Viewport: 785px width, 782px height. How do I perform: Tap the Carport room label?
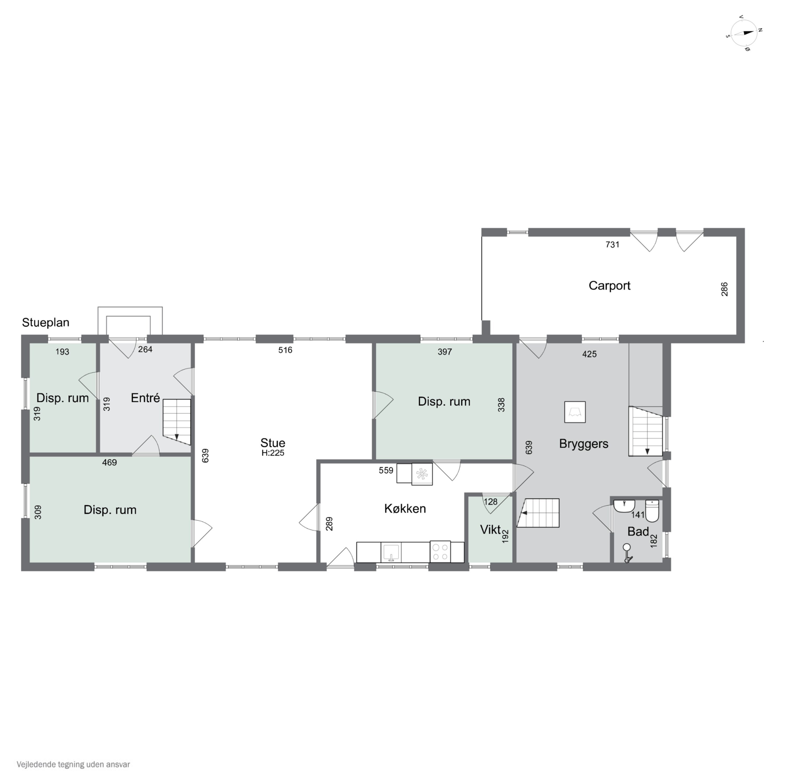pos(609,286)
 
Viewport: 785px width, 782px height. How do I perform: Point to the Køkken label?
pos(405,509)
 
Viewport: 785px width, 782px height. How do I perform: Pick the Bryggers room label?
pos(584,444)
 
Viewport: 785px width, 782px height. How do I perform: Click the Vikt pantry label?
pos(490,529)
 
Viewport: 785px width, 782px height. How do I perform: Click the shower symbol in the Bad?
pos(628,553)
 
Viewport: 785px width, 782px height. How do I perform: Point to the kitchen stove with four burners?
pos(440,552)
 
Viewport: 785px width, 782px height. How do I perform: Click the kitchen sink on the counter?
pos(391,552)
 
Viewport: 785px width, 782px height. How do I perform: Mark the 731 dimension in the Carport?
pos(612,244)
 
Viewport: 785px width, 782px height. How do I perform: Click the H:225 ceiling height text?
pos(273,453)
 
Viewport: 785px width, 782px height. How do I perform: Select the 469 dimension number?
pos(109,463)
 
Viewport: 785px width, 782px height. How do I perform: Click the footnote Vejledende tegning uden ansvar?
pos(73,764)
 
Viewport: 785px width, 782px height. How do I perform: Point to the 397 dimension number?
pos(445,352)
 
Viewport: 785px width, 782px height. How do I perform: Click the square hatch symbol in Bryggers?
pos(575,412)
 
